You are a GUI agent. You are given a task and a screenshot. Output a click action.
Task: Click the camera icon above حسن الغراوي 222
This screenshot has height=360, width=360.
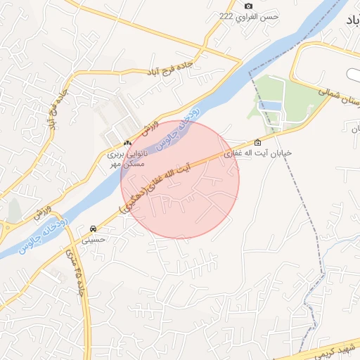(x=247, y=6)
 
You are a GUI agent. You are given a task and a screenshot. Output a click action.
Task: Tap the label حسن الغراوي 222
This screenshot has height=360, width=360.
(x=249, y=16)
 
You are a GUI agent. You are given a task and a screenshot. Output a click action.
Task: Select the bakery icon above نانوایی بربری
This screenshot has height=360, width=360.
(x=127, y=142)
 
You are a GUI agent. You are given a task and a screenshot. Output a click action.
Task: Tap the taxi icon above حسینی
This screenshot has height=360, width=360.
(x=94, y=229)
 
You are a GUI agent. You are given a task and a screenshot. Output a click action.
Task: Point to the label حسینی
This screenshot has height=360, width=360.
(x=94, y=239)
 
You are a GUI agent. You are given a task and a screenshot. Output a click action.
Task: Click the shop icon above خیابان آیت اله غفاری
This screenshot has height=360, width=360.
(x=257, y=141)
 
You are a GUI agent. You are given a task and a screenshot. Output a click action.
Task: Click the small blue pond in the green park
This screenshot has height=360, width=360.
(x=269, y=106)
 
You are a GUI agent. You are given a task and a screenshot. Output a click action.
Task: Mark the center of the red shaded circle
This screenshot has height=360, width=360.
(x=180, y=180)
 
